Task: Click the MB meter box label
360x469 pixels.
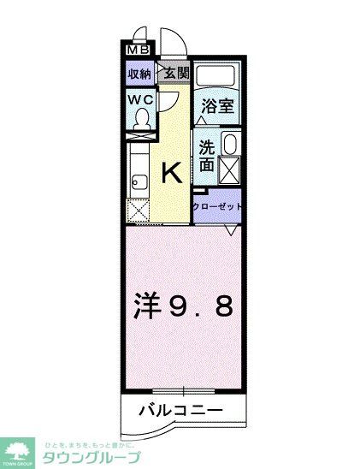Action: [137, 50]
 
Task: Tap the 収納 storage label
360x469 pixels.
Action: [140, 74]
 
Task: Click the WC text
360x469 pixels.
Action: [141, 100]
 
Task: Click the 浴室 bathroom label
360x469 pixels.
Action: [217, 106]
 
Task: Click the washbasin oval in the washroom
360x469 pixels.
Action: [228, 143]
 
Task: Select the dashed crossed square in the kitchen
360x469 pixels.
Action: [139, 210]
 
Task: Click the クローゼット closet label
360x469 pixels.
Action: [217, 207]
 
